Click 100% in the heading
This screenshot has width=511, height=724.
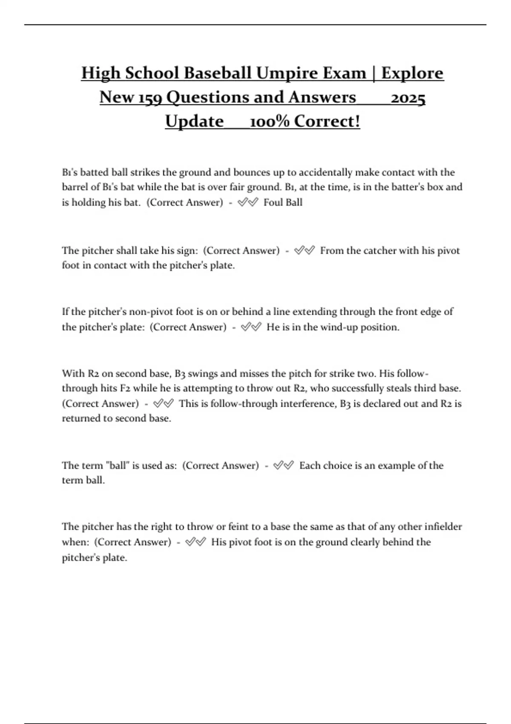[269, 121]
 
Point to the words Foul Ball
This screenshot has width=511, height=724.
[283, 202]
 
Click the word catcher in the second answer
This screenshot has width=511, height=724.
[382, 250]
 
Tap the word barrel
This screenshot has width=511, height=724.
[76, 187]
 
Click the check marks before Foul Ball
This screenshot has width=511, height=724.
[248, 202]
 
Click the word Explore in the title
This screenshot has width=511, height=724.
[412, 73]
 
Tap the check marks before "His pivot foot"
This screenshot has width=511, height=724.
[196, 542]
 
